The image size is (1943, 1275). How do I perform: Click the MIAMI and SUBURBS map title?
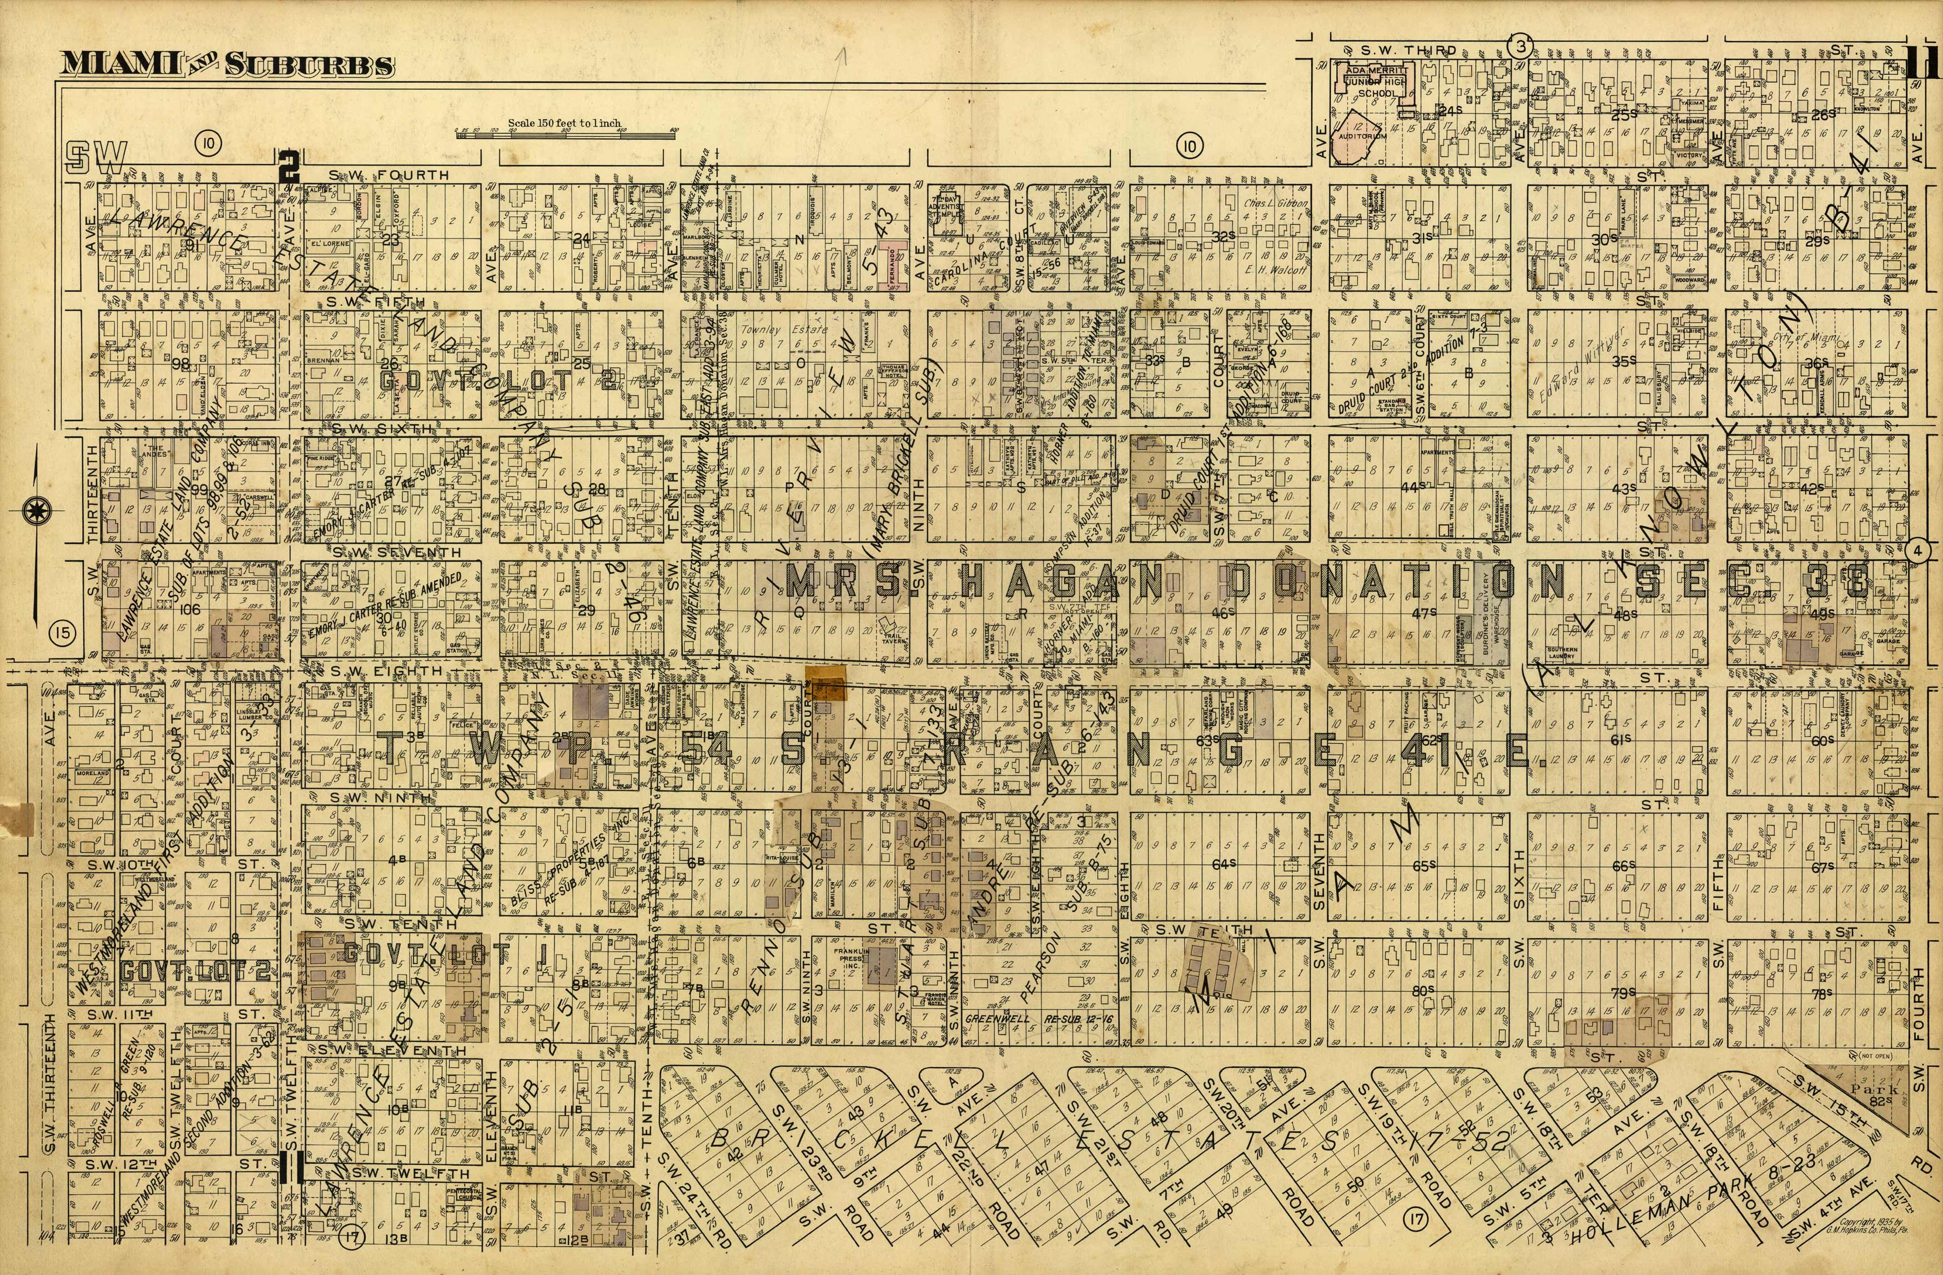pos(227,64)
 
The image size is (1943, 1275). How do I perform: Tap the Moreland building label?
pos(92,773)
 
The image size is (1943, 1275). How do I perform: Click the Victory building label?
pos(1689,154)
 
